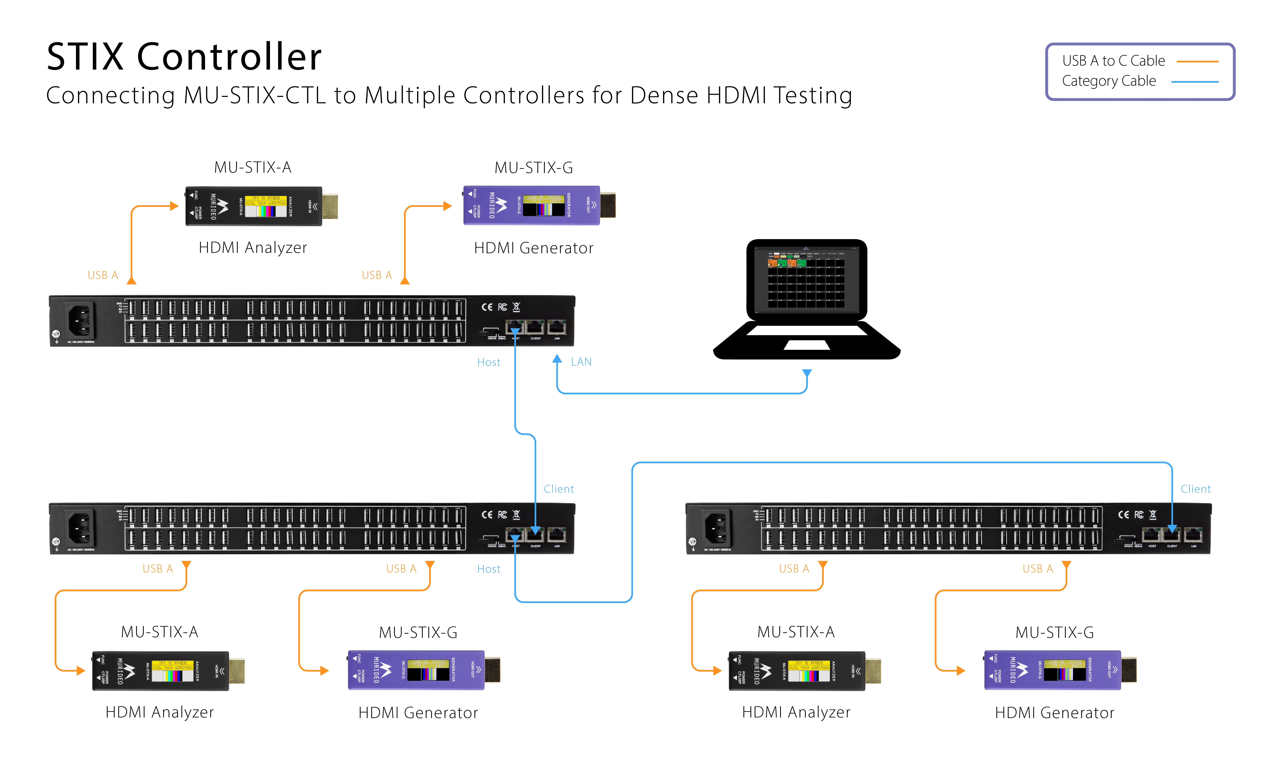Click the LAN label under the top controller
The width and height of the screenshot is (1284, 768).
click(581, 362)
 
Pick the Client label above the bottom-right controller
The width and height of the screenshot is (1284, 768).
click(1195, 489)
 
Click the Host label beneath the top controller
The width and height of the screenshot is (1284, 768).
click(488, 362)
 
